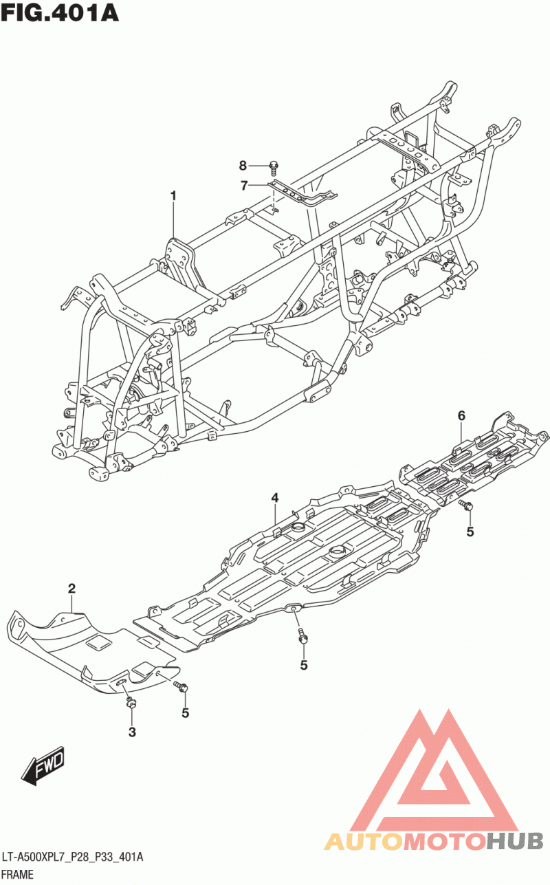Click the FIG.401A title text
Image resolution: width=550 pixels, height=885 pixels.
[60, 12]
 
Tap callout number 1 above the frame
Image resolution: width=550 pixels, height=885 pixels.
[173, 196]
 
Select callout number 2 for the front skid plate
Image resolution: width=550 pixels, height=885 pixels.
[71, 589]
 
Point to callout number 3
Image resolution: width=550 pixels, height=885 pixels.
[131, 732]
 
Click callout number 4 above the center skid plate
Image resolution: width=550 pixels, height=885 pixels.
[275, 498]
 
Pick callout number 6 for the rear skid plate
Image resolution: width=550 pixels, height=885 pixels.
[461, 415]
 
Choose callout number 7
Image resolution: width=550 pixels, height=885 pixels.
[244, 185]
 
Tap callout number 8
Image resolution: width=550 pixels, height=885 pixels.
[243, 166]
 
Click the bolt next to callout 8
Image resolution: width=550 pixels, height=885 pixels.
[274, 168]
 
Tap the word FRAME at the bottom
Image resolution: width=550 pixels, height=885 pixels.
[17, 875]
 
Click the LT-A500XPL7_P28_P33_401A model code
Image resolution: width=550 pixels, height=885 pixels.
[72, 857]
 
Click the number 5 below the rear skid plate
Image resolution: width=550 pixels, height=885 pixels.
[470, 532]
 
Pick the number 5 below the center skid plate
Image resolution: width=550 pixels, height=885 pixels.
[303, 666]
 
